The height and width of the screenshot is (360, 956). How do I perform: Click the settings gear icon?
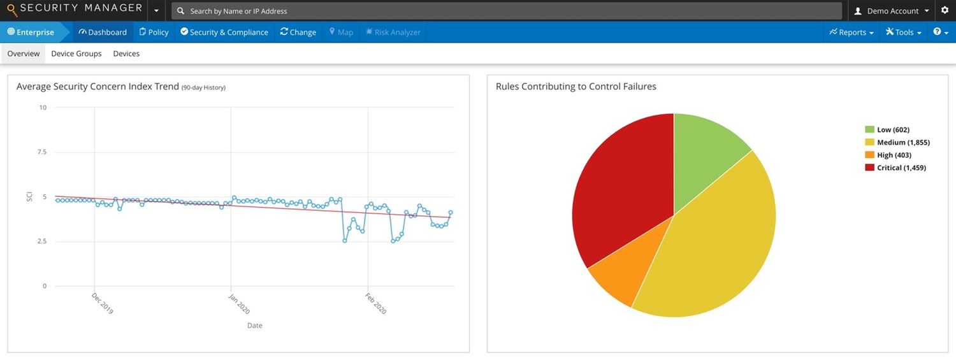coord(945,11)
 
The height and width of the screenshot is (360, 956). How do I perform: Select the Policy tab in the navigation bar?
coord(154,32)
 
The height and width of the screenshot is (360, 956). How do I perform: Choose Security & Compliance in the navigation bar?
coord(224,32)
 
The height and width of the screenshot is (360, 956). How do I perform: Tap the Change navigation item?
coord(298,32)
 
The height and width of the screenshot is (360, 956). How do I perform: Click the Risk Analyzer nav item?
coord(393,32)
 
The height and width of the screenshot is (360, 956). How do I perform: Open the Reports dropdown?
coord(851,32)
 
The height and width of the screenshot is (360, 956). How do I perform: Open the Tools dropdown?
coord(903,32)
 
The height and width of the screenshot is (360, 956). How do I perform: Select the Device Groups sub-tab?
coord(76,54)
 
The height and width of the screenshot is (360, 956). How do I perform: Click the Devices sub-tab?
coord(126,54)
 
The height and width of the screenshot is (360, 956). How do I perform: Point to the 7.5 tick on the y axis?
coord(42,152)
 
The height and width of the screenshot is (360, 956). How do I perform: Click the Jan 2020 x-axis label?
coord(239,304)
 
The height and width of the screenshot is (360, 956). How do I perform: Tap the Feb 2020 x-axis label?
coord(376,304)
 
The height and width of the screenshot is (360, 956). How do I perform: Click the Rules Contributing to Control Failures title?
coord(576,87)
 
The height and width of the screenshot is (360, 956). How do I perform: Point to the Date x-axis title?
coord(254,326)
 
